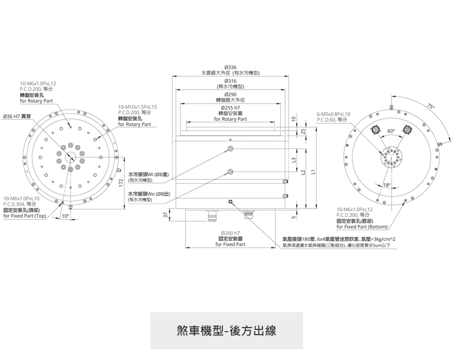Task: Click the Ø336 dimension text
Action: tap(230, 68)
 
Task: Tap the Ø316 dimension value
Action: tap(230, 81)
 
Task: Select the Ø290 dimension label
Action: tap(230, 95)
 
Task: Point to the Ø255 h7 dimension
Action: tap(230, 108)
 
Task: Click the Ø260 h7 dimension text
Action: tap(230, 233)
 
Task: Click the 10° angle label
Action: tap(65, 216)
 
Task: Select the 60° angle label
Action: tap(391, 131)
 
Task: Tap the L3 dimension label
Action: tap(294, 159)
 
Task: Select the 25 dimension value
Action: tap(303, 131)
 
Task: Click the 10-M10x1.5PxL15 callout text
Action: tap(137, 106)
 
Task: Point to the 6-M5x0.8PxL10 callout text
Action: tap(333, 114)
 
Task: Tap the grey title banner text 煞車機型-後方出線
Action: tap(226, 331)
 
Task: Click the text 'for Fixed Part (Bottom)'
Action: tap(362, 226)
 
